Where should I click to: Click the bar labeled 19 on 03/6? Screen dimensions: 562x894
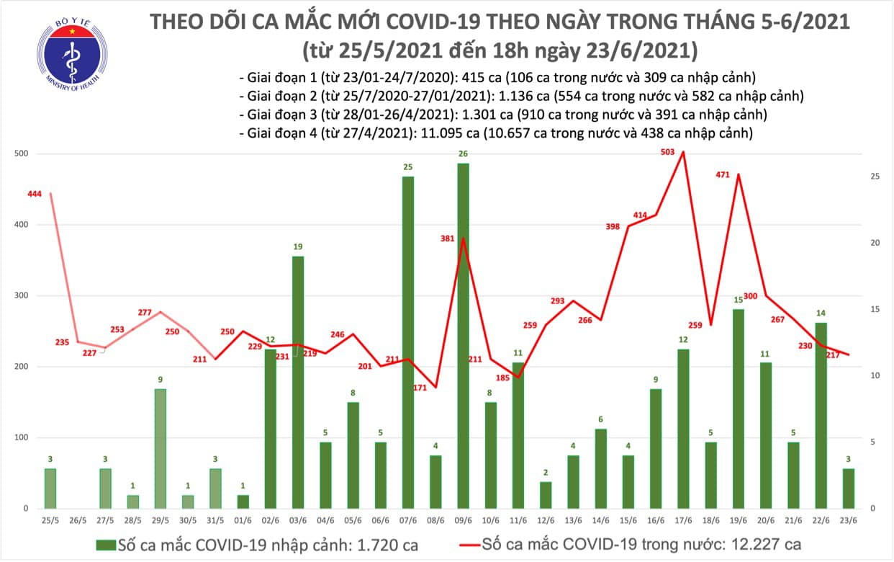coord(297,382)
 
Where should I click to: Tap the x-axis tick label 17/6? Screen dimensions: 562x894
coord(683,519)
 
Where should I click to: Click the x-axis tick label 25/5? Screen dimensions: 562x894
coord(50,519)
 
